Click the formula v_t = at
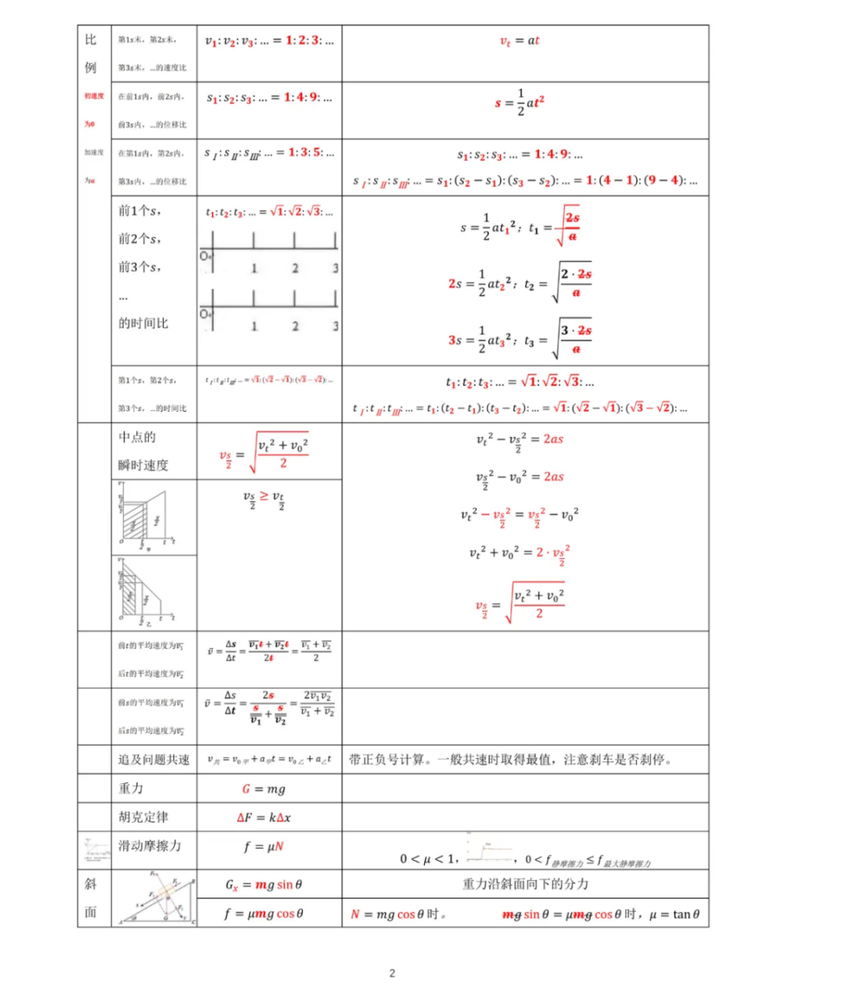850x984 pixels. point(520,41)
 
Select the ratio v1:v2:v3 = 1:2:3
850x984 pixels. point(269,41)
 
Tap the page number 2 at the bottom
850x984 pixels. point(393,973)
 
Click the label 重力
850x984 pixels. point(131,788)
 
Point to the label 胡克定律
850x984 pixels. point(143,817)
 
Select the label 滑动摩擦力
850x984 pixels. point(150,846)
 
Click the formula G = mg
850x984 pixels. point(264,789)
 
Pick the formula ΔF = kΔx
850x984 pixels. point(264,818)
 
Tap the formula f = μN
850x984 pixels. point(264,847)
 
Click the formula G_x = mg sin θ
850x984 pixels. point(264,885)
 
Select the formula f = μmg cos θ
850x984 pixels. point(264,914)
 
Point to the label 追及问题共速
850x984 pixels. point(153,760)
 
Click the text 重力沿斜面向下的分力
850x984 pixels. point(525,884)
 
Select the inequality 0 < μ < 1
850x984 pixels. point(427,859)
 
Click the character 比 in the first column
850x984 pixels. point(91,40)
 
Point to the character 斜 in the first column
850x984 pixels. point(91,884)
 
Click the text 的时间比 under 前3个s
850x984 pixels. point(143,324)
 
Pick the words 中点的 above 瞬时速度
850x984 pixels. point(137,438)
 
